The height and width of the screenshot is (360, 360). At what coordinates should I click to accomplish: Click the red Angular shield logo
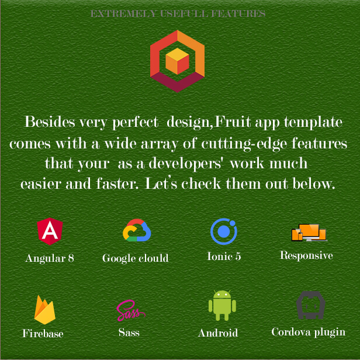click(x=50, y=231)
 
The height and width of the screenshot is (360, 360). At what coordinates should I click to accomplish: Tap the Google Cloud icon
click(x=137, y=230)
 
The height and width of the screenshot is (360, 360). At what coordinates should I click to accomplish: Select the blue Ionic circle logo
click(x=224, y=231)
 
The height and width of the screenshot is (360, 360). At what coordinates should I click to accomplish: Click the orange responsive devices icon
click(x=309, y=233)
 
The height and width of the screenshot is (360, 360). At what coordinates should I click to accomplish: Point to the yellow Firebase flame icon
click(x=45, y=310)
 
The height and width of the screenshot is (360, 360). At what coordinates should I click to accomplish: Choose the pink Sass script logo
click(x=130, y=310)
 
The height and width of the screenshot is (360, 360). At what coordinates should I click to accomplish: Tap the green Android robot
click(x=222, y=305)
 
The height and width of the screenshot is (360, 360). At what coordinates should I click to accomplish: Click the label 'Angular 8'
click(x=50, y=258)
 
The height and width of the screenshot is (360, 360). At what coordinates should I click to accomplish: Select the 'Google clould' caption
click(x=136, y=258)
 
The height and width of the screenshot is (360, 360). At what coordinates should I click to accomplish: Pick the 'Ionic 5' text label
click(x=224, y=256)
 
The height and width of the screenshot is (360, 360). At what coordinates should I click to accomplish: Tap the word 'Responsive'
click(x=306, y=256)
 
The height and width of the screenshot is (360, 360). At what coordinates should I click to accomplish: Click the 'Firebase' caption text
click(x=43, y=334)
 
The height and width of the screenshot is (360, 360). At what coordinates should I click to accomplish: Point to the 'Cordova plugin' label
click(x=309, y=333)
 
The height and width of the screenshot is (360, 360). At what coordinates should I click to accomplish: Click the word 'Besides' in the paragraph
click(x=50, y=122)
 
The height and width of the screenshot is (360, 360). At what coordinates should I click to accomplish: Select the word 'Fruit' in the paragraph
click(x=233, y=122)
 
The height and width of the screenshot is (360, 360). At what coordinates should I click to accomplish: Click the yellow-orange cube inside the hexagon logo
click(x=177, y=61)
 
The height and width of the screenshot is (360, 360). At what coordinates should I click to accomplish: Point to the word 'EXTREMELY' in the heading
click(x=123, y=14)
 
